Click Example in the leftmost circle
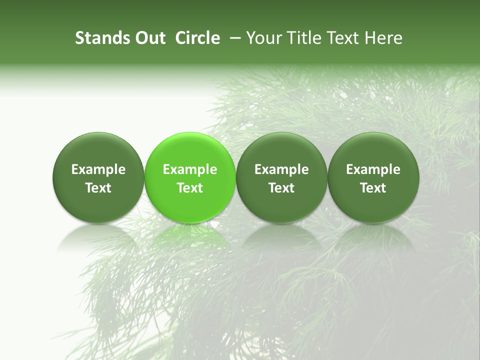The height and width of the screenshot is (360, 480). [x=98, y=169]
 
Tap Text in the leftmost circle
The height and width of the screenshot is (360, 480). [x=98, y=188]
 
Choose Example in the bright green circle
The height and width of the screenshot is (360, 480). [x=190, y=169]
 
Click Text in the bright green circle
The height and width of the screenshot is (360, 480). [x=190, y=188]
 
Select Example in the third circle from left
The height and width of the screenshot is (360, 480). [x=281, y=169]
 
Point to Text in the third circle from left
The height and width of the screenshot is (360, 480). [x=281, y=188]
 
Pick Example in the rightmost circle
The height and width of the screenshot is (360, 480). [x=373, y=169]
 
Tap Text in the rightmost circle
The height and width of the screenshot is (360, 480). [x=373, y=188]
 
